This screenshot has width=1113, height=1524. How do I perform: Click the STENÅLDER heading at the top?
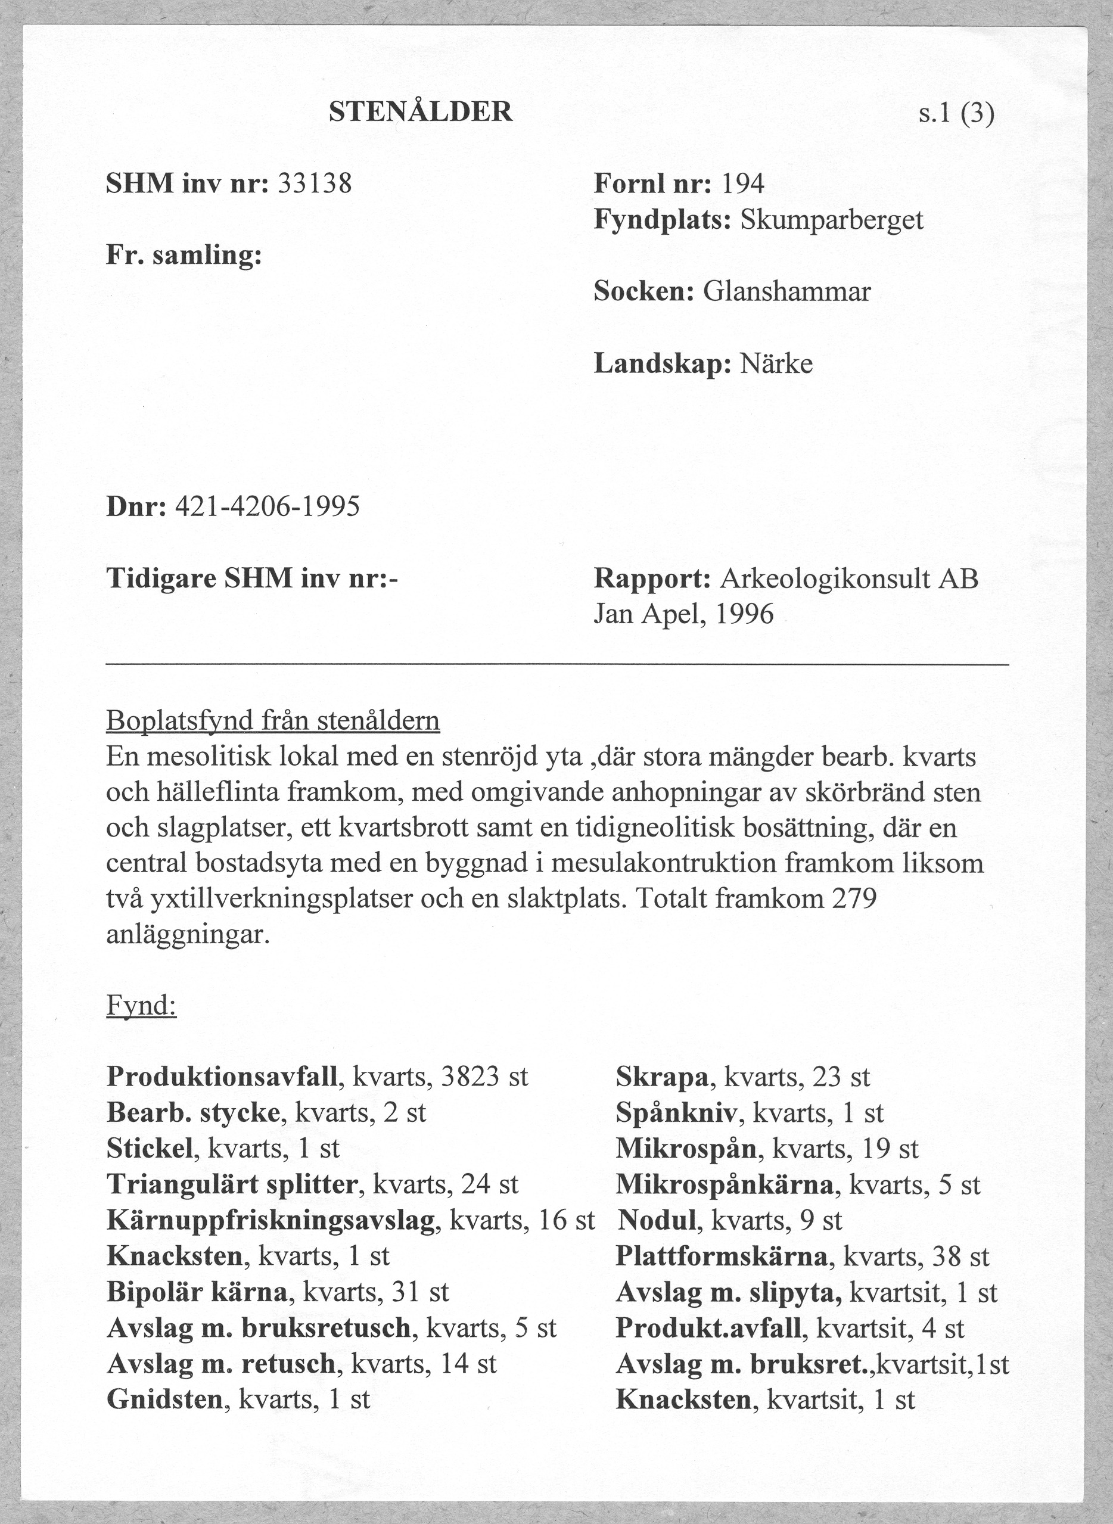[421, 112]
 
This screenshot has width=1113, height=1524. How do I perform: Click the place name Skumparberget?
[831, 220]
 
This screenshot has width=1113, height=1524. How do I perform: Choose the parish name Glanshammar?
[786, 292]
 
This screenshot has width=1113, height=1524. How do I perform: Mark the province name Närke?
[776, 364]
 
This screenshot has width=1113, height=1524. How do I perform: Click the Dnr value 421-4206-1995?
[267, 506]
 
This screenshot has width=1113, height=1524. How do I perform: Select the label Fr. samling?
[184, 256]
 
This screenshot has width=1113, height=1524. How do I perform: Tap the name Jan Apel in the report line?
[646, 614]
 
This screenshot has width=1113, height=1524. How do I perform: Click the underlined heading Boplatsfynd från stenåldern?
[273, 721]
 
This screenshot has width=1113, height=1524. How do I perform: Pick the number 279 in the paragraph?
[854, 899]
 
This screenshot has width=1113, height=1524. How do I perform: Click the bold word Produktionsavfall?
[222, 1077]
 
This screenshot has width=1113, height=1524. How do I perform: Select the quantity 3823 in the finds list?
[470, 1077]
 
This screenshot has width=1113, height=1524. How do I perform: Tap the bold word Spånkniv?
[677, 1113]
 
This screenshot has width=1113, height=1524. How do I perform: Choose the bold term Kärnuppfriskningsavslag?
[271, 1221]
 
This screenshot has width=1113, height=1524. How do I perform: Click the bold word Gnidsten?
[164, 1401]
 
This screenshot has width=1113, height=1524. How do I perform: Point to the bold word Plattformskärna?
[721, 1256]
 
